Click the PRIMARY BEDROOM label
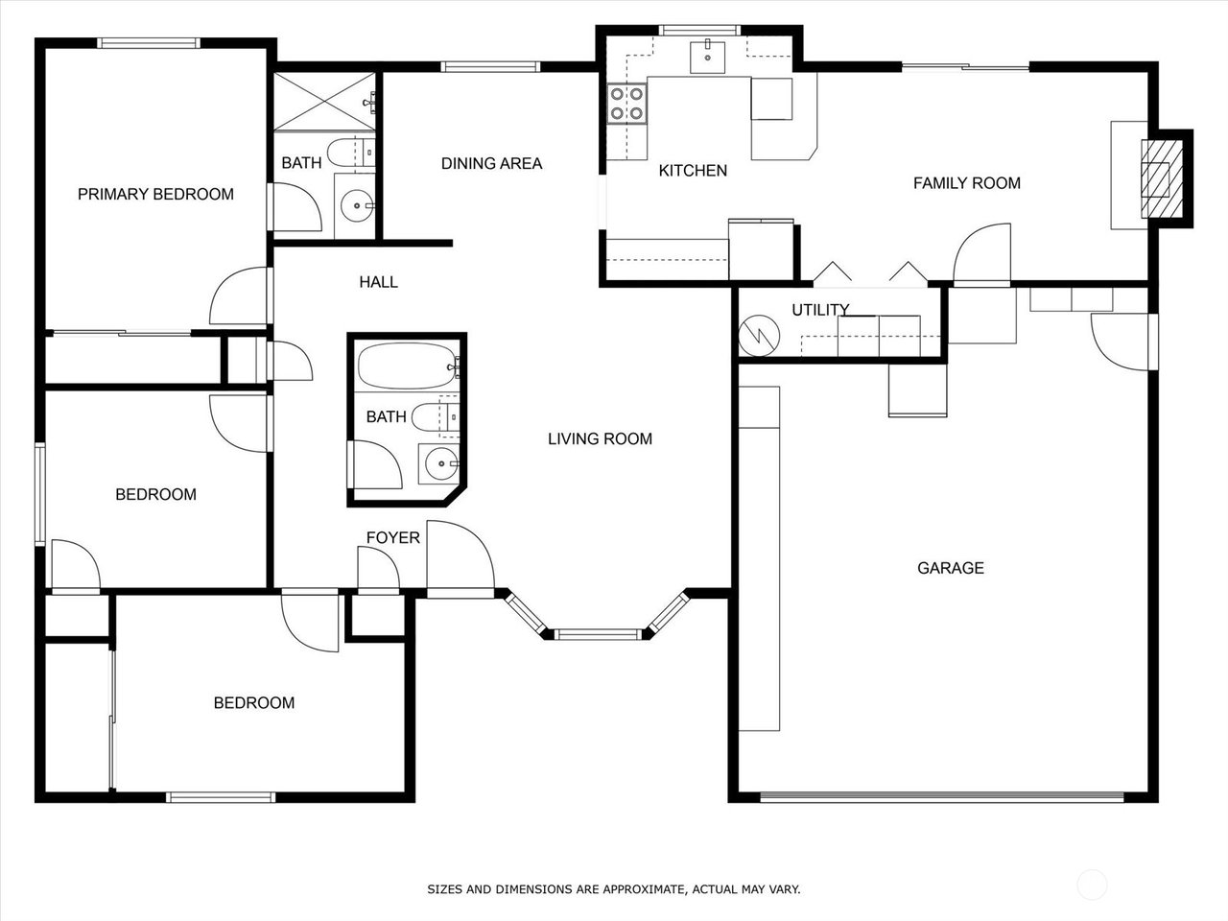click(x=155, y=194)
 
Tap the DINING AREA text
click(x=491, y=163)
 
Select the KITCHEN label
click(x=693, y=171)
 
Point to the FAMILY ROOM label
click(x=967, y=183)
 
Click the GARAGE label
click(x=951, y=568)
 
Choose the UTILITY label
click(x=820, y=309)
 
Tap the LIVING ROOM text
click(x=600, y=438)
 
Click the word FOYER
click(x=392, y=537)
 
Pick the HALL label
click(x=378, y=282)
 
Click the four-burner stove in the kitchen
click(x=626, y=104)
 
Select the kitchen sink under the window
click(x=707, y=57)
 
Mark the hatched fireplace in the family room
click(x=1162, y=179)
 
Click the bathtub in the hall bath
click(x=408, y=366)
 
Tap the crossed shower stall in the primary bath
click(x=324, y=102)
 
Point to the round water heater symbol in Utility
click(x=759, y=336)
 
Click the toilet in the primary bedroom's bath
click(x=351, y=151)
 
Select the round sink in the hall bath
click(x=439, y=463)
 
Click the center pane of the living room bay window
click(x=598, y=634)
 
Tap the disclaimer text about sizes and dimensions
click(x=614, y=888)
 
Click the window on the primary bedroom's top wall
click(x=149, y=43)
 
